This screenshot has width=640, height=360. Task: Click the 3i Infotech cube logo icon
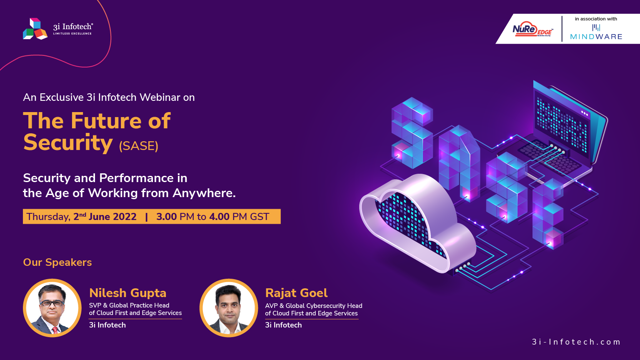(35, 29)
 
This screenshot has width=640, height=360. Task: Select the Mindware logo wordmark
(596, 37)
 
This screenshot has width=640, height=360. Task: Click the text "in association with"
(596, 19)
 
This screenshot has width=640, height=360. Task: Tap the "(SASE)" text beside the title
(139, 146)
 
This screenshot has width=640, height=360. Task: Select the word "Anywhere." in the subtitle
(204, 193)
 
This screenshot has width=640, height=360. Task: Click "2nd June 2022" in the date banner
(105, 217)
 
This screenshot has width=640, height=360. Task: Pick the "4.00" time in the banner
(219, 217)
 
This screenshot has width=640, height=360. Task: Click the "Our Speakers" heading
(57, 262)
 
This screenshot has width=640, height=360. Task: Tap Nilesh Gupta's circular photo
(52, 308)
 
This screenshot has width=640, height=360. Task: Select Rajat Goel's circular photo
(229, 308)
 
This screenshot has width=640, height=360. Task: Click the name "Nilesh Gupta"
(128, 293)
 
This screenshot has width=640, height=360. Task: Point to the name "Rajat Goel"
(296, 293)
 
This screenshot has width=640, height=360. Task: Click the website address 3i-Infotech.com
(576, 342)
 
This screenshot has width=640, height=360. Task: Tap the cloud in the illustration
(417, 223)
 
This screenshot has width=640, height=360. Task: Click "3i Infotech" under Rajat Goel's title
(283, 325)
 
